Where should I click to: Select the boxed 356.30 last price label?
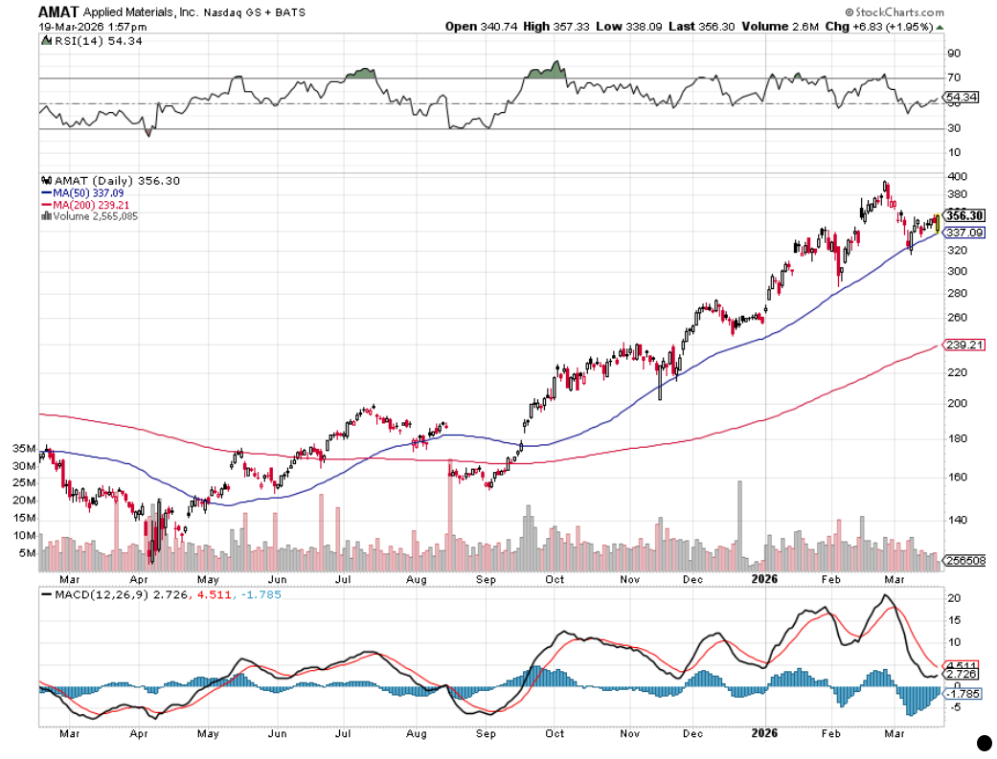pos(965,215)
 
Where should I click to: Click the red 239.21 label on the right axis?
pos(965,345)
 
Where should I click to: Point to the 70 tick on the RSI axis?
pos(954,78)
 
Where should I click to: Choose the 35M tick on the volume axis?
pos(23,448)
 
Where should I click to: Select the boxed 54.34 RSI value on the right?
pos(963,97)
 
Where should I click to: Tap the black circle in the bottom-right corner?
pos(982,742)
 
